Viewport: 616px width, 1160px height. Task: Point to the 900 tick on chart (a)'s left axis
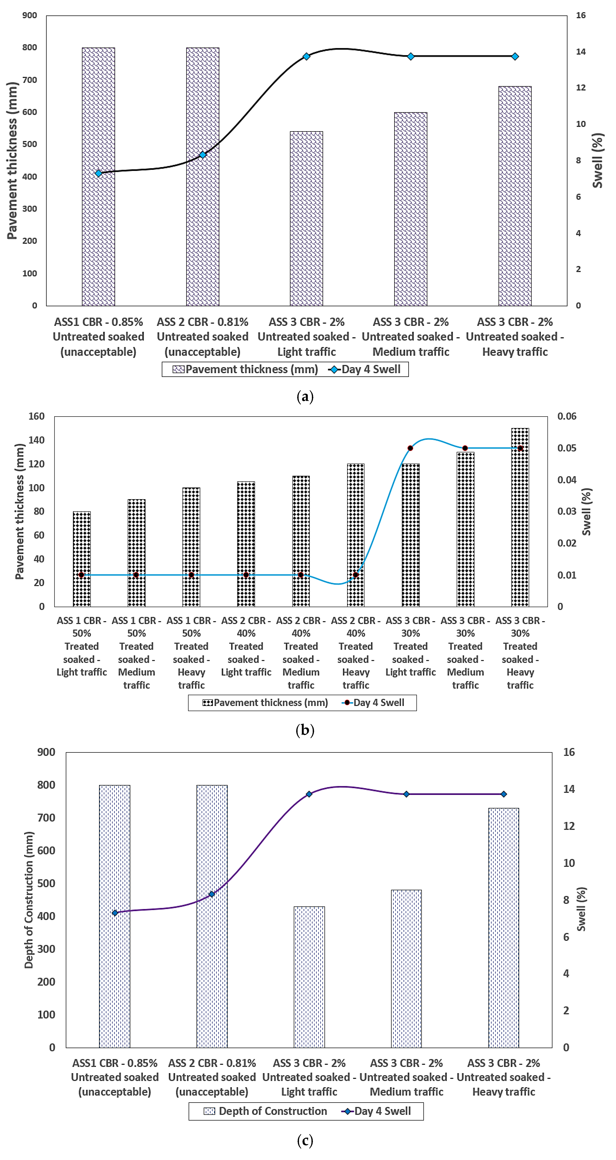(x=30, y=15)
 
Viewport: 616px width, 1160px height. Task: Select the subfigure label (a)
(x=305, y=397)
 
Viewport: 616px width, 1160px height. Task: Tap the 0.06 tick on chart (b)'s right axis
(x=566, y=416)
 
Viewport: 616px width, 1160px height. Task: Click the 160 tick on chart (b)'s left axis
(x=36, y=416)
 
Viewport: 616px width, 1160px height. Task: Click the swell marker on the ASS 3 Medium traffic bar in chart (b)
(x=465, y=448)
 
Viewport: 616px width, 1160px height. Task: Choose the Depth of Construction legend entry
(x=265, y=1111)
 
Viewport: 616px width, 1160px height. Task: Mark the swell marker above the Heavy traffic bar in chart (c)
(x=503, y=794)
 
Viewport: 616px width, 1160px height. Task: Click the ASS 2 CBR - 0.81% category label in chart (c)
(x=212, y=1077)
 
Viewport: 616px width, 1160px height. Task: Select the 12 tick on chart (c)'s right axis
(x=569, y=826)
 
